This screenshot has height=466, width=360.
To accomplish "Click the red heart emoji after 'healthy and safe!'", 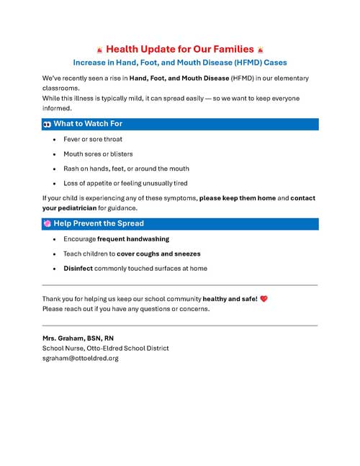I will (264, 298).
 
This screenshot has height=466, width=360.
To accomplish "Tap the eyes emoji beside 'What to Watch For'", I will (47, 124).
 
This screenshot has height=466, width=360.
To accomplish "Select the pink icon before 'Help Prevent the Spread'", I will (47, 223).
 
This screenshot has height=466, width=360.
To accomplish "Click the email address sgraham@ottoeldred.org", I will (79, 358).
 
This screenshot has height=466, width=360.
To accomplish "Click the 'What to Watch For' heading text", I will (88, 124).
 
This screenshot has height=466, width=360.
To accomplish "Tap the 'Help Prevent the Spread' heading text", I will (99, 223).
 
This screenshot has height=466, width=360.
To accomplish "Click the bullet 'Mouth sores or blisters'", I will (98, 154).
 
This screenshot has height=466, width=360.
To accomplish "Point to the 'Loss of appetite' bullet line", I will (125, 183).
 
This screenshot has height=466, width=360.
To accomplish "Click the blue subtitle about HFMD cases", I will (180, 63).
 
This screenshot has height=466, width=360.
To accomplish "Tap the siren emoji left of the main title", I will (99, 50).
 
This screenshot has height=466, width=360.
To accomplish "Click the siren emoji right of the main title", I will (261, 50).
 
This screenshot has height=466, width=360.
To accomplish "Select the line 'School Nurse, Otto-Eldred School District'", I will (106, 348).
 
